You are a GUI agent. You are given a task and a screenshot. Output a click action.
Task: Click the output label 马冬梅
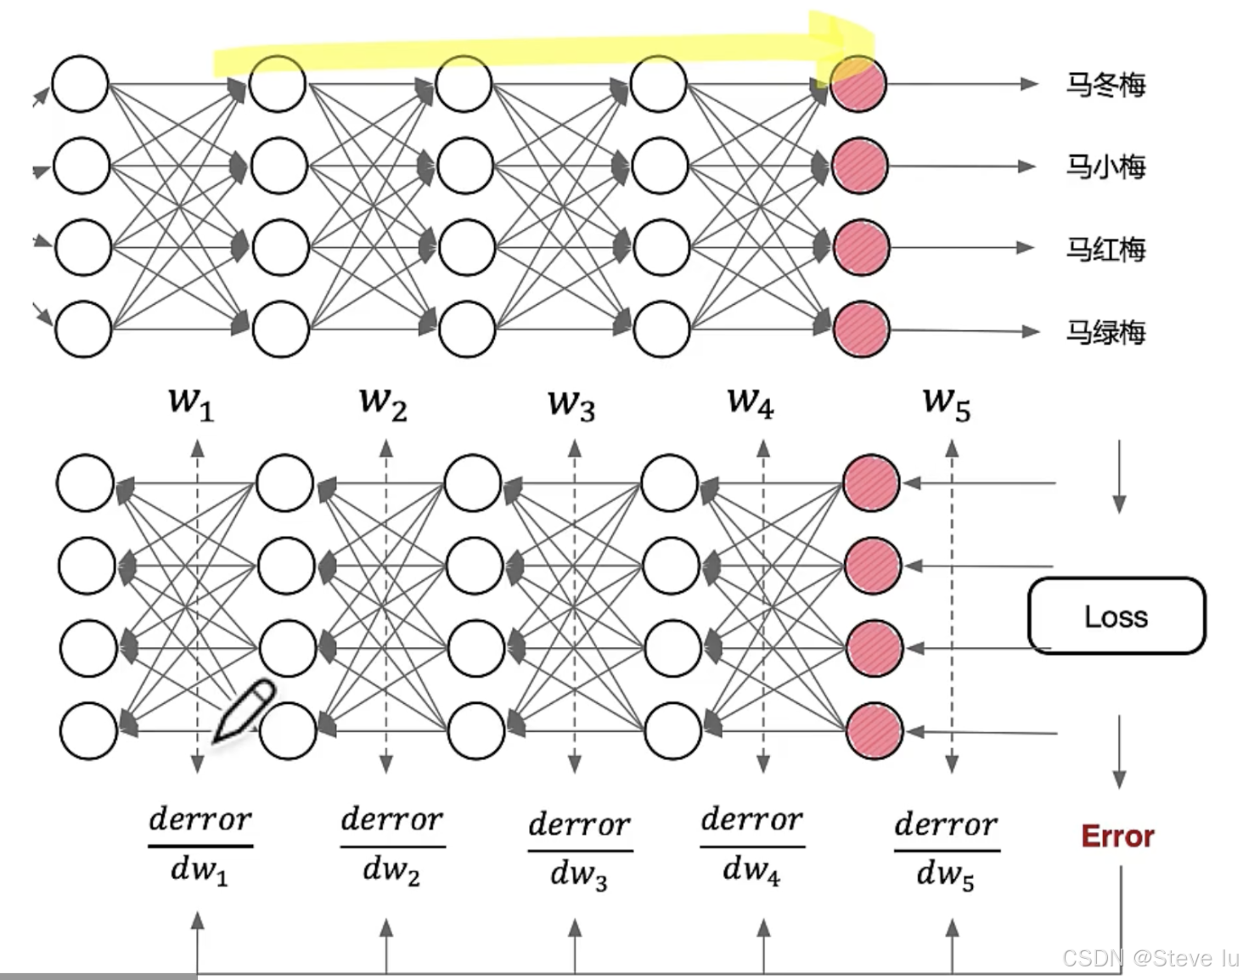tap(1105, 85)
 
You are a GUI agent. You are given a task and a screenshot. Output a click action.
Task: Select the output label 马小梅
tap(1105, 166)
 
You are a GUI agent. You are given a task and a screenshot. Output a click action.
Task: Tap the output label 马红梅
tap(1105, 249)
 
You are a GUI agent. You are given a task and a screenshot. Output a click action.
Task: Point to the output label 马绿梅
tap(1105, 331)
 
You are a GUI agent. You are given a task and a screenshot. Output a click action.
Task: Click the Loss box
tap(1116, 616)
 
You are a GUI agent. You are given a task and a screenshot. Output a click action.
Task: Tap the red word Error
tap(1117, 836)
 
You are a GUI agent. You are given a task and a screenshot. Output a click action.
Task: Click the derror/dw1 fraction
tap(200, 846)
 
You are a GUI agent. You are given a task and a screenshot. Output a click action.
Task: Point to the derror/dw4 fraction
tap(752, 846)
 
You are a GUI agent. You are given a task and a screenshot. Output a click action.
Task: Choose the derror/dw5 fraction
tap(947, 849)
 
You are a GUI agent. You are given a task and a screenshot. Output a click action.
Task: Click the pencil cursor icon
tap(244, 711)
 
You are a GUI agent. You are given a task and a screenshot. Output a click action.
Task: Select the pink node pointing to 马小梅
tap(859, 166)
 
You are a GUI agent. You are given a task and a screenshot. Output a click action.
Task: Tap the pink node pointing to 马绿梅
tap(861, 329)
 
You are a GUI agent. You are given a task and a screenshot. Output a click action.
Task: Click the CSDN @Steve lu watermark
tap(1150, 958)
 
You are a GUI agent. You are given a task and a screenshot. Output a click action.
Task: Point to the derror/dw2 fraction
tap(392, 846)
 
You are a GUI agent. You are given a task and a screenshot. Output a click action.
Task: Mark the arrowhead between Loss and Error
tap(1119, 778)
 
